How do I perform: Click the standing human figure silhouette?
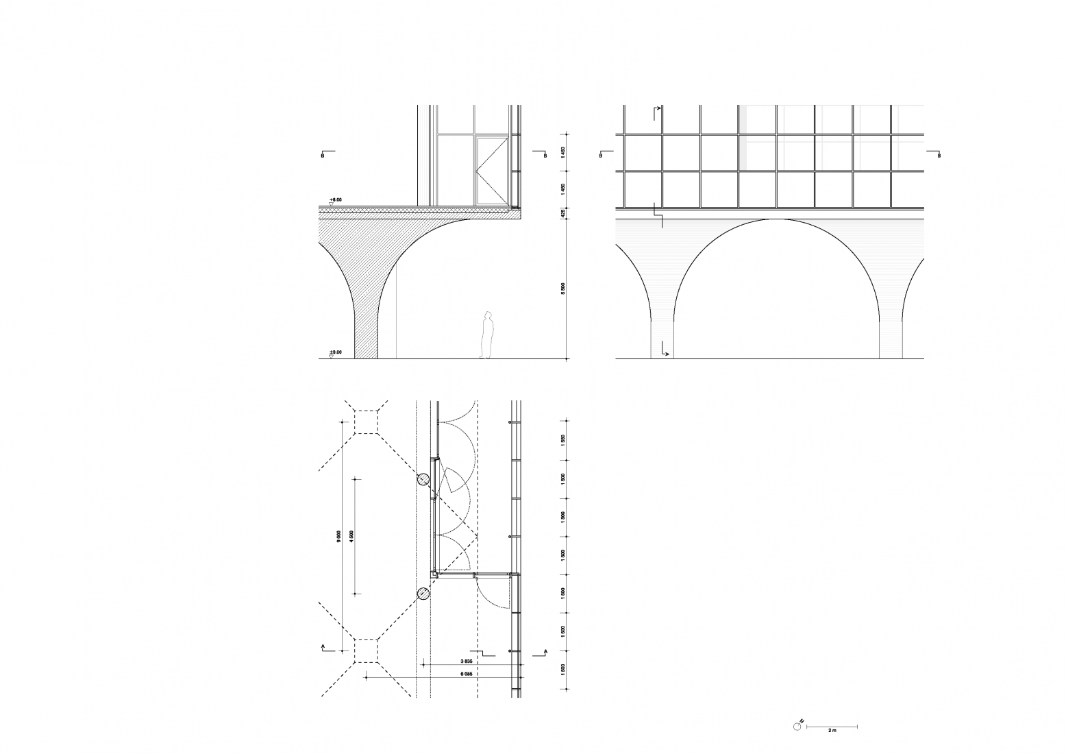[487, 335]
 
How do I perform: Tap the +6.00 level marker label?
[335, 199]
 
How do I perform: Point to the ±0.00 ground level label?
[335, 352]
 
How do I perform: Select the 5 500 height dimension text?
[563, 289]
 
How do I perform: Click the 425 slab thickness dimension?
[563, 213]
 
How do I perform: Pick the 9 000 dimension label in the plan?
[338, 536]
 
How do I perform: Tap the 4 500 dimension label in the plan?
[351, 536]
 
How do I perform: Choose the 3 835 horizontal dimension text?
[466, 661]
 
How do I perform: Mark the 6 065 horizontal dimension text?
[466, 674]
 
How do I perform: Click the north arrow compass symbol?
[797, 726]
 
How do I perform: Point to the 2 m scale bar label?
[832, 731]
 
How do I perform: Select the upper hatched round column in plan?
[425, 479]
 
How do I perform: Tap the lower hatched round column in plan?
[425, 594]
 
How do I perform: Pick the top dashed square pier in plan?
[367, 422]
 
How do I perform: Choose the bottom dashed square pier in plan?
[367, 650]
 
